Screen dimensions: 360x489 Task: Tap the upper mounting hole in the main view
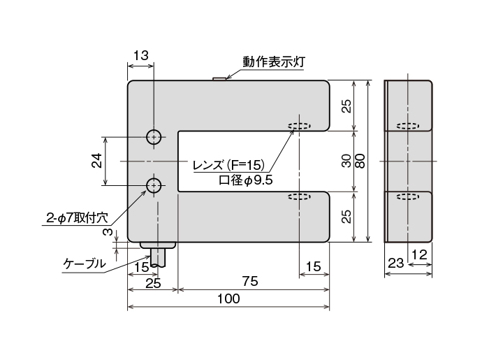tap(153, 136)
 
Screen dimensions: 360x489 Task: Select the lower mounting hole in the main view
tap(153, 185)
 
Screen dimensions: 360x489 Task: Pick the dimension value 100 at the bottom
tap(228, 298)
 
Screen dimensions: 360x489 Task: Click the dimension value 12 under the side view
tap(418, 257)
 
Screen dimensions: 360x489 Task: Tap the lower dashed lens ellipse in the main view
tap(299, 197)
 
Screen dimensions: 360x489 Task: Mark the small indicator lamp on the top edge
tap(219, 78)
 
